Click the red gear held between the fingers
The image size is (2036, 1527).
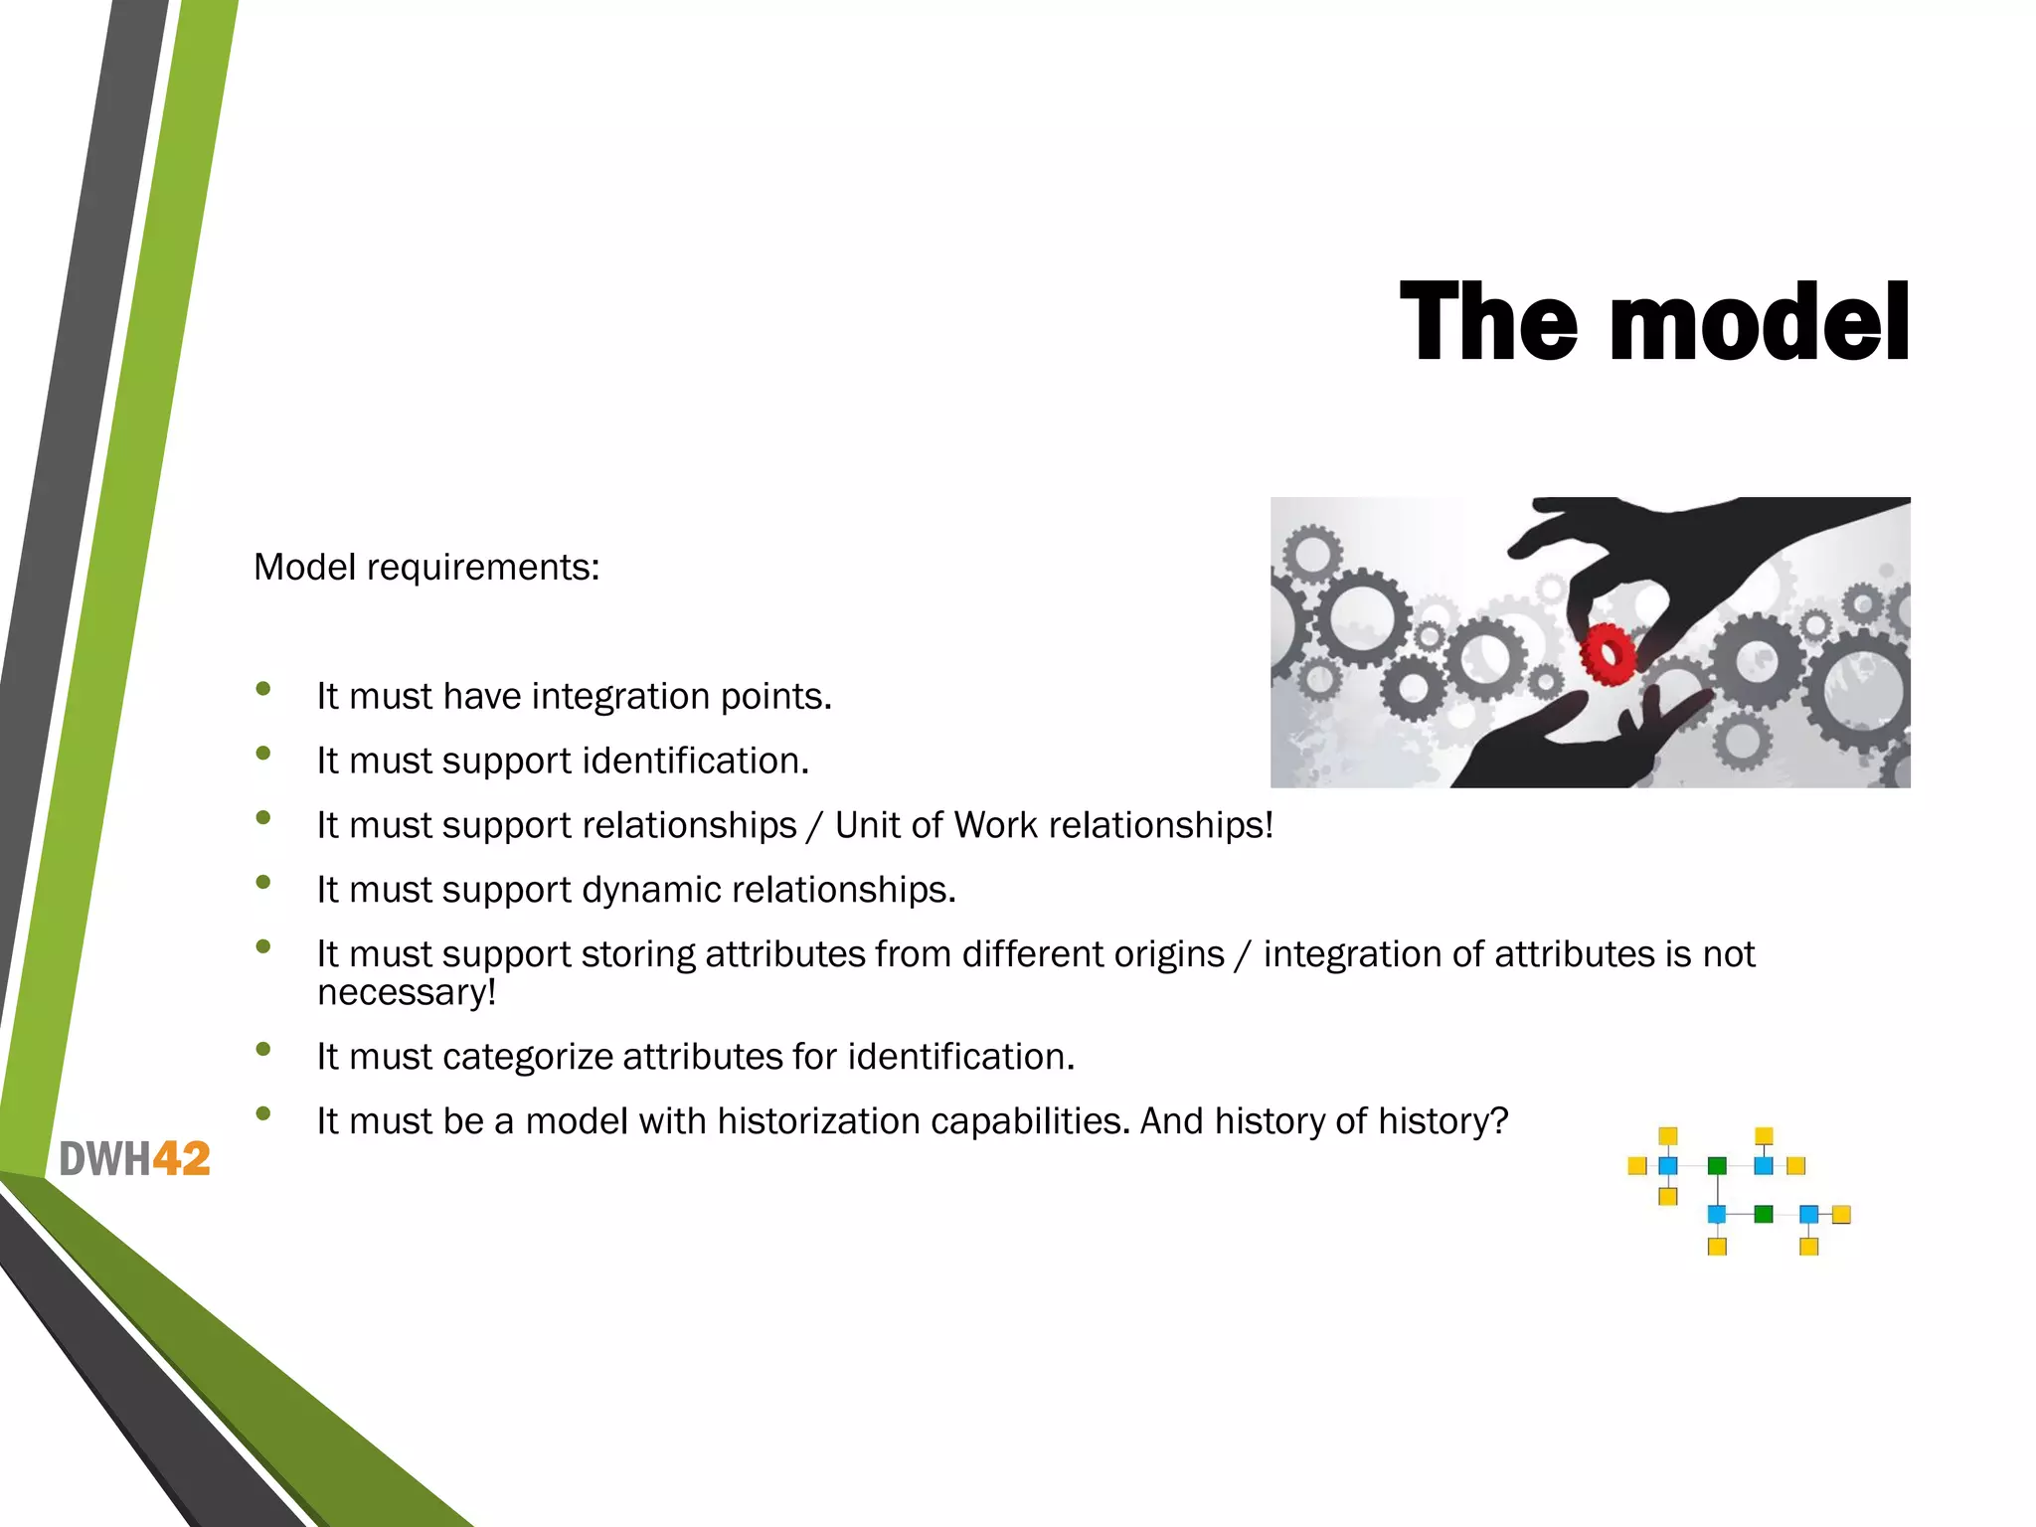click(x=1607, y=654)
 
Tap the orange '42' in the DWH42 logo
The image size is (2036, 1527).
click(x=181, y=1159)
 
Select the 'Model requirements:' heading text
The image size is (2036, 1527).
click(x=426, y=568)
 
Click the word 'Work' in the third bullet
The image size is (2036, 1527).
click(x=995, y=825)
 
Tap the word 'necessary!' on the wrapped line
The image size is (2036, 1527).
click(x=407, y=992)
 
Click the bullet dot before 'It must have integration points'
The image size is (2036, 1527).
click(x=263, y=688)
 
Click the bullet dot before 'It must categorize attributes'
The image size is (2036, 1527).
click(x=263, y=1049)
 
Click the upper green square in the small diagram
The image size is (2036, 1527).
click(x=1717, y=1166)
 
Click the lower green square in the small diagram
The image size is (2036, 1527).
click(x=1764, y=1214)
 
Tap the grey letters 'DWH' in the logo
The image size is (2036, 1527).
click(x=104, y=1159)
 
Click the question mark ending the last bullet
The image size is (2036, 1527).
click(x=1500, y=1121)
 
